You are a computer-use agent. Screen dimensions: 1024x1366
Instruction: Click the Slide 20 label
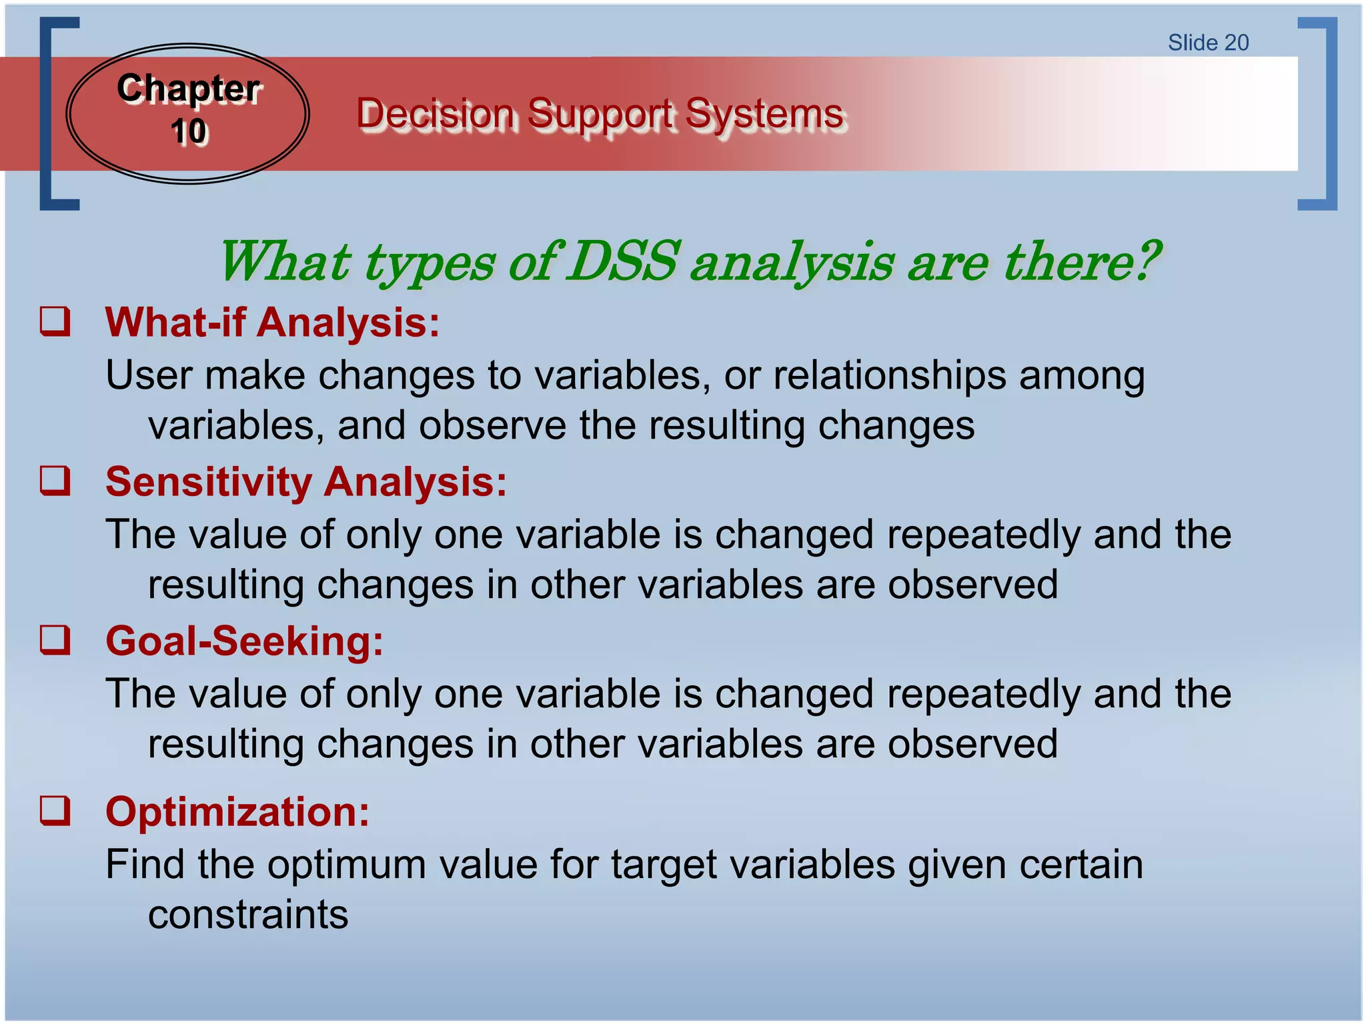click(1208, 43)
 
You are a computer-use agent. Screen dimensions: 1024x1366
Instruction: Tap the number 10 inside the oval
click(189, 131)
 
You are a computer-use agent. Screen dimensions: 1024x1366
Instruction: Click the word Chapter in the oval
click(188, 89)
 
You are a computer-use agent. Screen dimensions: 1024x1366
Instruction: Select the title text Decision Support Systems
click(600, 113)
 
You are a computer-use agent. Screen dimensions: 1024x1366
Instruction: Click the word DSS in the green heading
click(624, 261)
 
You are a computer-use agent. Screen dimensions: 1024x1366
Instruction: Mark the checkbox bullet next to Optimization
click(55, 811)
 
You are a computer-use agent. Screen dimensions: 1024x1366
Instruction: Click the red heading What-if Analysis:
click(272, 323)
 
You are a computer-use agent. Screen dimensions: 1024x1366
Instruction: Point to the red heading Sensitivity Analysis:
click(305, 481)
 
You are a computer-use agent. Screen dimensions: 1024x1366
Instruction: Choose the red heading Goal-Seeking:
click(244, 641)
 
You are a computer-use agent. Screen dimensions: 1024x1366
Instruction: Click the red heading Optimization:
click(237, 812)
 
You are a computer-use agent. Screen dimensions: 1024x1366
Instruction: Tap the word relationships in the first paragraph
click(889, 375)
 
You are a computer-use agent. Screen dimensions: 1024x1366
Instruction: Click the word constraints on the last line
click(247, 914)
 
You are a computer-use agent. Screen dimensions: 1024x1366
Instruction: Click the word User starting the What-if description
click(149, 375)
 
